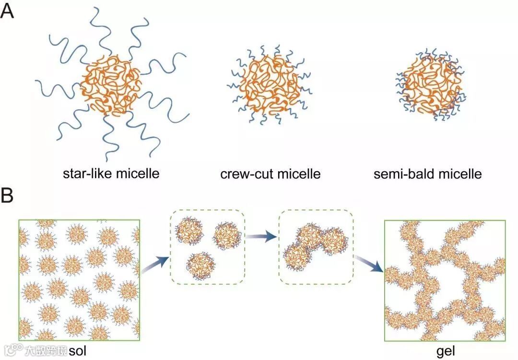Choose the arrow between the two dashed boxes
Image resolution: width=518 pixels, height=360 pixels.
click(261, 235)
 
